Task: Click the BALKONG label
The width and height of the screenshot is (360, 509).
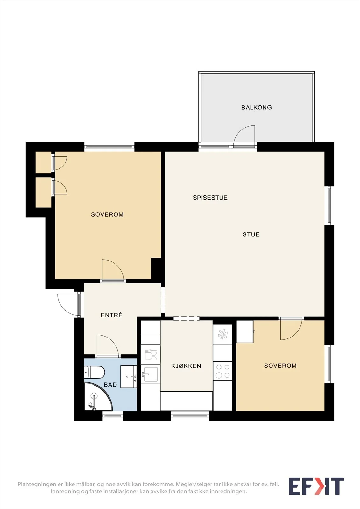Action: (x=256, y=108)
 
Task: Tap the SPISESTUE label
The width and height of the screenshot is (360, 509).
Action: (x=210, y=198)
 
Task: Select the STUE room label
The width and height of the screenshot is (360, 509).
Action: (x=251, y=234)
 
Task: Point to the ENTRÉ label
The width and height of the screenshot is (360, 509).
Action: (x=111, y=315)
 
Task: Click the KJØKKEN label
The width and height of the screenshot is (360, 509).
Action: (x=186, y=366)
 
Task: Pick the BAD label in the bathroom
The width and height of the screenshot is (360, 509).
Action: (x=110, y=385)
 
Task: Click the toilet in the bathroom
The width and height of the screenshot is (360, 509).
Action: (x=94, y=372)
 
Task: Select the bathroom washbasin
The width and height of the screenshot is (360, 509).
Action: (x=129, y=377)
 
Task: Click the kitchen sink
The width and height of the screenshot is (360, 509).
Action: (x=150, y=374)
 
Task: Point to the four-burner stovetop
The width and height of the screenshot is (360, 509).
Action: (x=222, y=371)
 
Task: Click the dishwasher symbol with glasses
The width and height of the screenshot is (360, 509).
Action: (x=150, y=354)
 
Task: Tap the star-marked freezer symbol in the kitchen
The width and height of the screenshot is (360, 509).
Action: (x=222, y=334)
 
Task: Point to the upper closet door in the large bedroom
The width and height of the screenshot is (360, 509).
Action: (x=60, y=163)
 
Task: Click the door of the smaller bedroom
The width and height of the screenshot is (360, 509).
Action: (x=291, y=329)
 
